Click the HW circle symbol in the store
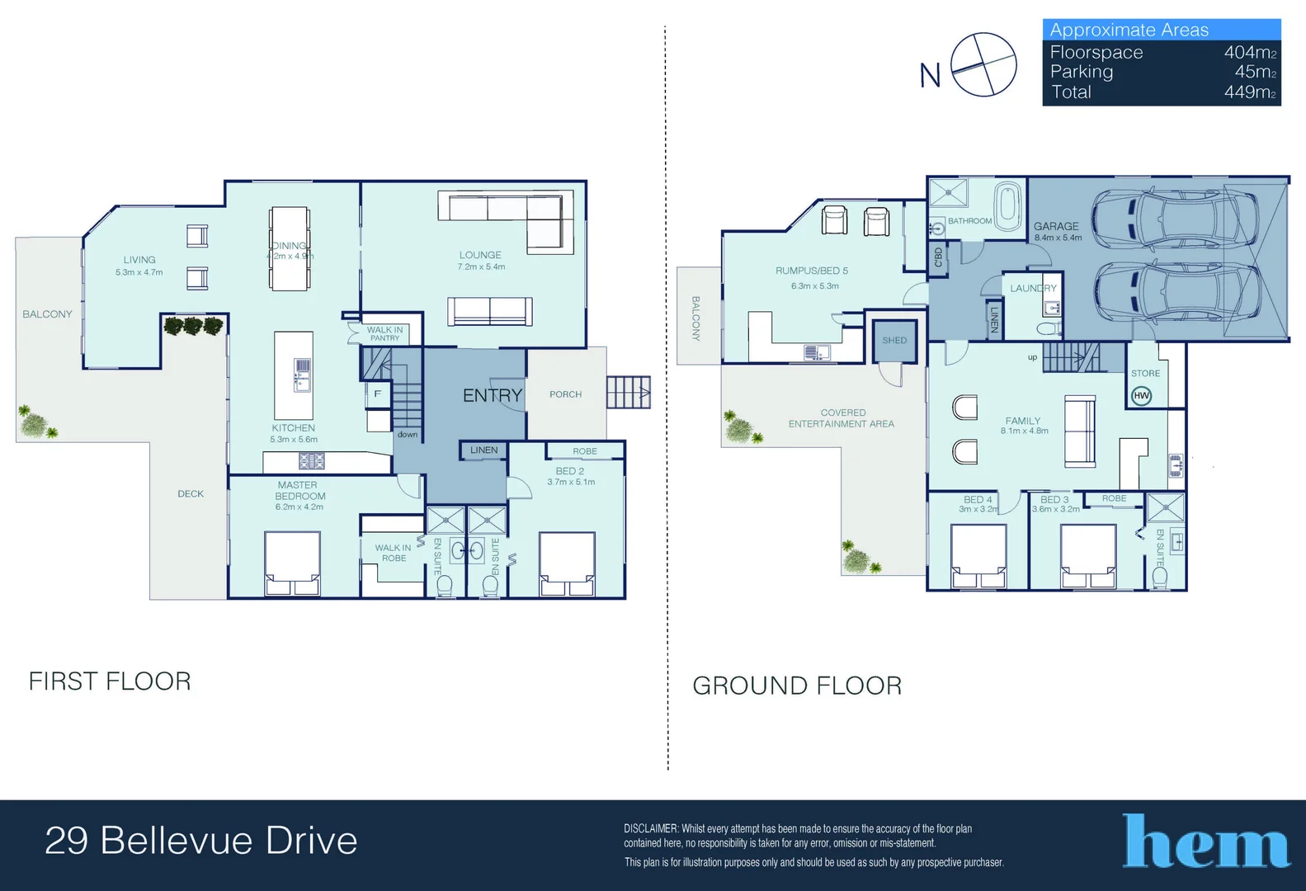(x=1141, y=396)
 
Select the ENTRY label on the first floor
(x=492, y=395)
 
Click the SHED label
(x=894, y=340)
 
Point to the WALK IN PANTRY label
(x=384, y=333)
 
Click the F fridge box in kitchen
(x=377, y=394)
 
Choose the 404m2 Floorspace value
(x=1250, y=53)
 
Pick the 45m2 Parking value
(x=1256, y=72)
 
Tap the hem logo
(x=1205, y=841)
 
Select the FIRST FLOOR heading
(x=110, y=681)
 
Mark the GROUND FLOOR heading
(x=797, y=686)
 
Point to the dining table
(x=290, y=248)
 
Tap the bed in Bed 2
(x=567, y=563)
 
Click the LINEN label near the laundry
(x=994, y=319)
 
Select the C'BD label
(x=938, y=257)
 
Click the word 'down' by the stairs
(x=408, y=435)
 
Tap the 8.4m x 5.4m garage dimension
(x=1058, y=238)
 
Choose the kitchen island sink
(x=302, y=375)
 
